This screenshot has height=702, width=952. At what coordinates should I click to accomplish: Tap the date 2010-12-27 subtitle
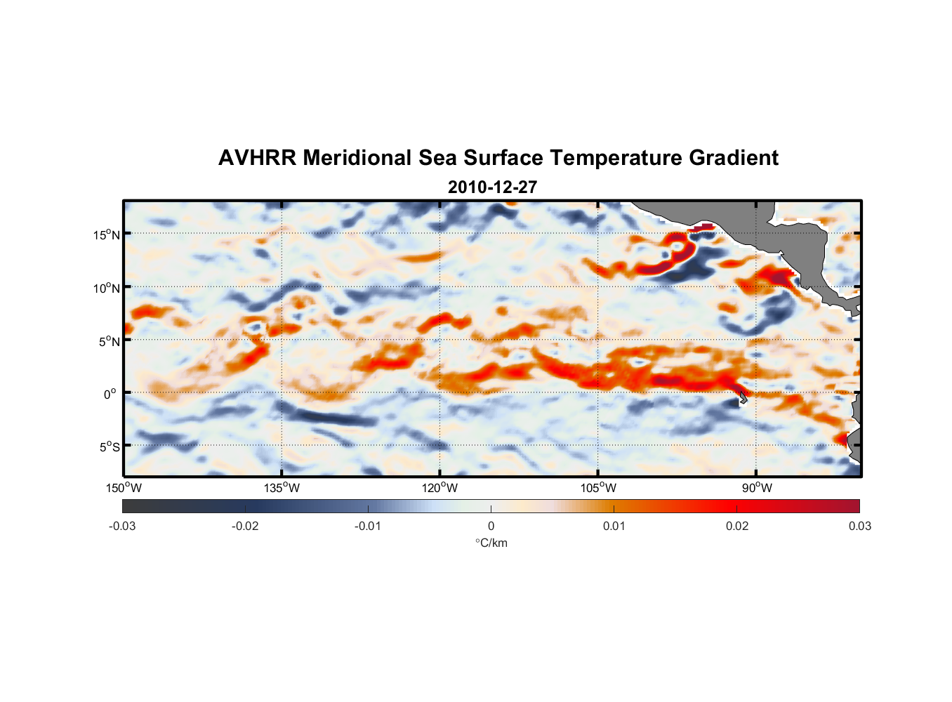tap(492, 187)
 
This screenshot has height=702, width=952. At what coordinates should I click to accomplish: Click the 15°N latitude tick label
tap(107, 234)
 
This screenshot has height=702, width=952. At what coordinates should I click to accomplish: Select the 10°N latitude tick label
tap(107, 288)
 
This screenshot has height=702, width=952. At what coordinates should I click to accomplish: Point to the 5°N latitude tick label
tap(109, 341)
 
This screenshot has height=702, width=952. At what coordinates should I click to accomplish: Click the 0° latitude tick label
tap(110, 394)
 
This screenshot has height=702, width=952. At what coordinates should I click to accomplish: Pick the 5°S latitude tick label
tap(109, 446)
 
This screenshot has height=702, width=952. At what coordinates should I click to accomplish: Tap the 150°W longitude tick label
tap(124, 488)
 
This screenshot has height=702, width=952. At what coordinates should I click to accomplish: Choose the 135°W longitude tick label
tap(282, 488)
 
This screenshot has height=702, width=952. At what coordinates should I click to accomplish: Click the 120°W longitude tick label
tap(440, 488)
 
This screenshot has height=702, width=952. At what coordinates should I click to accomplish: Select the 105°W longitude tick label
tap(598, 488)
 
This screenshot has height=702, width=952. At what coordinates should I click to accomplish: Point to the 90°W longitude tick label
tap(756, 488)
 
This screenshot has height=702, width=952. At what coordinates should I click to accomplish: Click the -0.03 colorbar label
tap(122, 526)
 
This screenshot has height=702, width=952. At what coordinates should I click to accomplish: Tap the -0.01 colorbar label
tap(368, 526)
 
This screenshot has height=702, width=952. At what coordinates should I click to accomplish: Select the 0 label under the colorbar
tap(491, 526)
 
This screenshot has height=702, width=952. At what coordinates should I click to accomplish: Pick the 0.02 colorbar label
tap(737, 526)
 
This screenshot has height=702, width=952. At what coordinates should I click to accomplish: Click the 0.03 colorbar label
tap(859, 526)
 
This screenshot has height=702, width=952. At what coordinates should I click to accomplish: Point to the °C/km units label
tap(491, 543)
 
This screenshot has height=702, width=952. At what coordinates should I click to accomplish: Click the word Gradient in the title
tap(733, 158)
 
